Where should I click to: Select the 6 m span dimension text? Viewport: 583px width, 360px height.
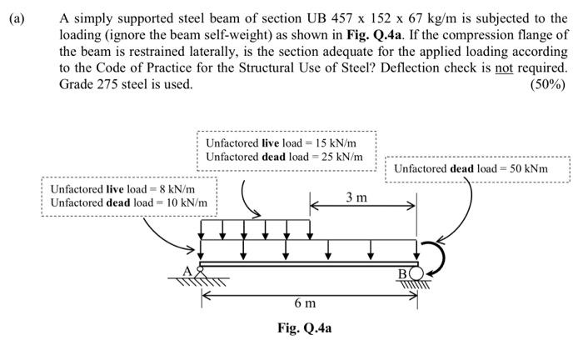tap(305, 302)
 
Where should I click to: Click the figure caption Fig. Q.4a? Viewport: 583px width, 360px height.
tap(305, 327)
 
